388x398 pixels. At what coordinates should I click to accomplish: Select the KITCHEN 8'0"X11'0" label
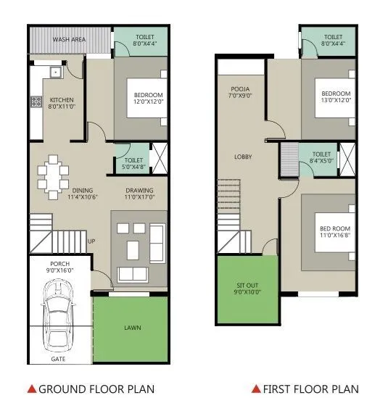click(62, 103)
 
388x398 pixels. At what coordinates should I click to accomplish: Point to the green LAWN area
click(131, 327)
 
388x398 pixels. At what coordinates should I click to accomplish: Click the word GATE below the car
click(60, 359)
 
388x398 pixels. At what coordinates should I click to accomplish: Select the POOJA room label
click(239, 91)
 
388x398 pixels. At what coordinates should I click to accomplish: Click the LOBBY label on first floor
click(242, 156)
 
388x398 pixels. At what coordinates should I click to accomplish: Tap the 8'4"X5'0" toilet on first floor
click(321, 157)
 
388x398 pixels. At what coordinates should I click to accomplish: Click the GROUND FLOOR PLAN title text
click(96, 389)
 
